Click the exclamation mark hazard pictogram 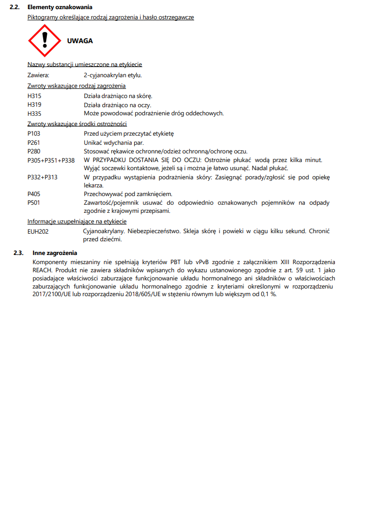click(45, 41)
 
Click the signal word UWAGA click(80, 41)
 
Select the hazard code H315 click(35, 96)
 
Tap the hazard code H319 click(35, 105)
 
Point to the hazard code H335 click(35, 113)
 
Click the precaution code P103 click(35, 134)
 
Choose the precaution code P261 click(35, 143)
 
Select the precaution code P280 click(35, 151)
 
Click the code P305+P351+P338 click(51, 160)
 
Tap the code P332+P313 click(42, 177)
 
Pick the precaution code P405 click(35, 194)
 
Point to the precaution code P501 click(35, 203)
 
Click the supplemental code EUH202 click(38, 231)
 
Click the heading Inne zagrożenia click(54, 252)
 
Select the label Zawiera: click(38, 75)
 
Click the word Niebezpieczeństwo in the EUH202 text click(154, 231)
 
